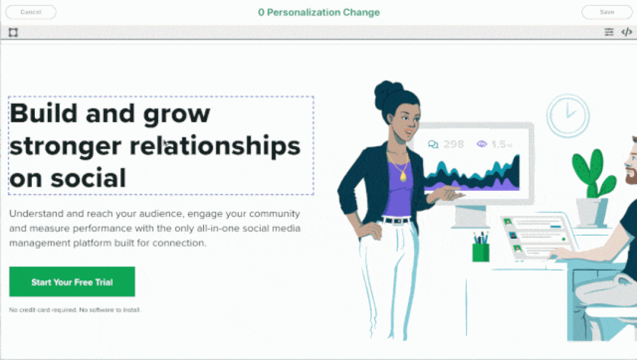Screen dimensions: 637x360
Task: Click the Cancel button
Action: point(31,12)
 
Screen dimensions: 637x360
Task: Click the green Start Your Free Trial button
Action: point(72,282)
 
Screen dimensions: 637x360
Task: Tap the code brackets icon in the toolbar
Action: point(627,32)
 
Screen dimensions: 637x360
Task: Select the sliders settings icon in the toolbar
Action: point(609,32)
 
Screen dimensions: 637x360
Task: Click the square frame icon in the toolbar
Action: point(13,32)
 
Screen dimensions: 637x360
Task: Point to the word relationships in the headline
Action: point(215,145)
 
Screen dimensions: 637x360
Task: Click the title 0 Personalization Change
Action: point(319,12)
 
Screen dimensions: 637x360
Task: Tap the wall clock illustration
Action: point(567,116)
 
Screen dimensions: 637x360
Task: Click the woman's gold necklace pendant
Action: point(402,177)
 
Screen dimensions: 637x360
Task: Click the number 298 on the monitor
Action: point(453,144)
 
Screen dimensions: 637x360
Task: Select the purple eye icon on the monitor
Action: point(482,144)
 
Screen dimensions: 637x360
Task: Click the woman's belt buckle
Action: point(397,221)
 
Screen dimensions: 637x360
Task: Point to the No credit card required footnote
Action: point(75,310)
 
